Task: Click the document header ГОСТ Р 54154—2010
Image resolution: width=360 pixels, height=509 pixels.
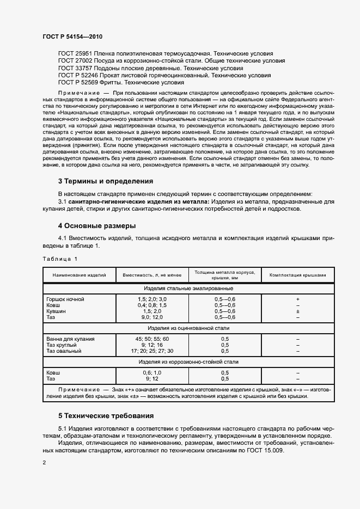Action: click(72, 36)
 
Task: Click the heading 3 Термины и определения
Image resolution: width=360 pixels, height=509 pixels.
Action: click(105, 181)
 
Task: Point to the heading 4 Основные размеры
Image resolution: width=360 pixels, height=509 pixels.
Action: click(97, 225)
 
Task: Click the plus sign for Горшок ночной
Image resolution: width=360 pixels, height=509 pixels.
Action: click(298, 299)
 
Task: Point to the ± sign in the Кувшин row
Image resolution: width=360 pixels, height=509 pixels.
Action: click(298, 311)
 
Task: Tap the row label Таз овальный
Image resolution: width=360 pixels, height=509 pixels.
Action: click(64, 351)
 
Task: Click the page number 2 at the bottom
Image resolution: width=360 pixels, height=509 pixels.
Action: click(44, 462)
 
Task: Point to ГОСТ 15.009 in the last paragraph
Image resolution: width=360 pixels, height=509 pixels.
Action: click(265, 451)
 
